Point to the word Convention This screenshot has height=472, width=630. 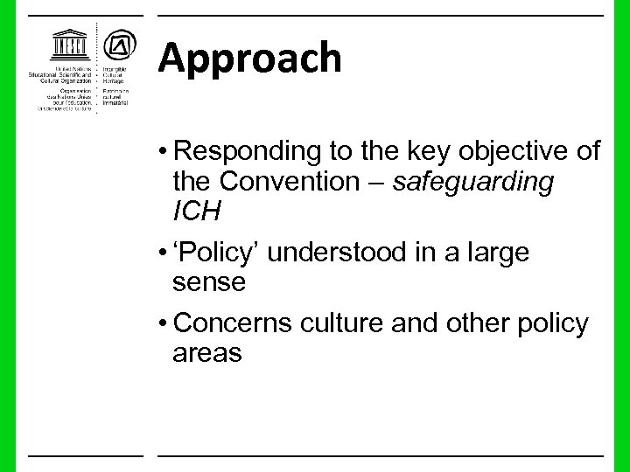[288, 184]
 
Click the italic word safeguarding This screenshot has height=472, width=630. [473, 184]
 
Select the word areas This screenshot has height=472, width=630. [207, 353]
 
